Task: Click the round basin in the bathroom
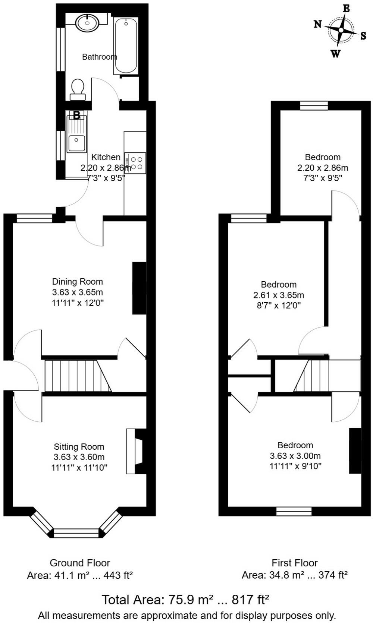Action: coord(87,23)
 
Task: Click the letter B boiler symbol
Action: coord(76,115)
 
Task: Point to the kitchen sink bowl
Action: coord(76,143)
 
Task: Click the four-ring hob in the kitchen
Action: coord(135,163)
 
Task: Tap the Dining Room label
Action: coord(78,282)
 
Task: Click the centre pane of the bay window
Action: coord(76,533)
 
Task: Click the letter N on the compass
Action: coord(318,25)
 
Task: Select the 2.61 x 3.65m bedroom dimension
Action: coord(279,295)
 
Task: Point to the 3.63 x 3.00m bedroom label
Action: coord(295,455)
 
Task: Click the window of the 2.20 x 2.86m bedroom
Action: coord(314,106)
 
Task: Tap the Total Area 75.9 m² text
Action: coord(185,600)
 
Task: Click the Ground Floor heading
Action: coord(80,563)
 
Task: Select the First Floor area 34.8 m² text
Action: coord(295,575)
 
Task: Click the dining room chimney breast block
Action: coord(139,288)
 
